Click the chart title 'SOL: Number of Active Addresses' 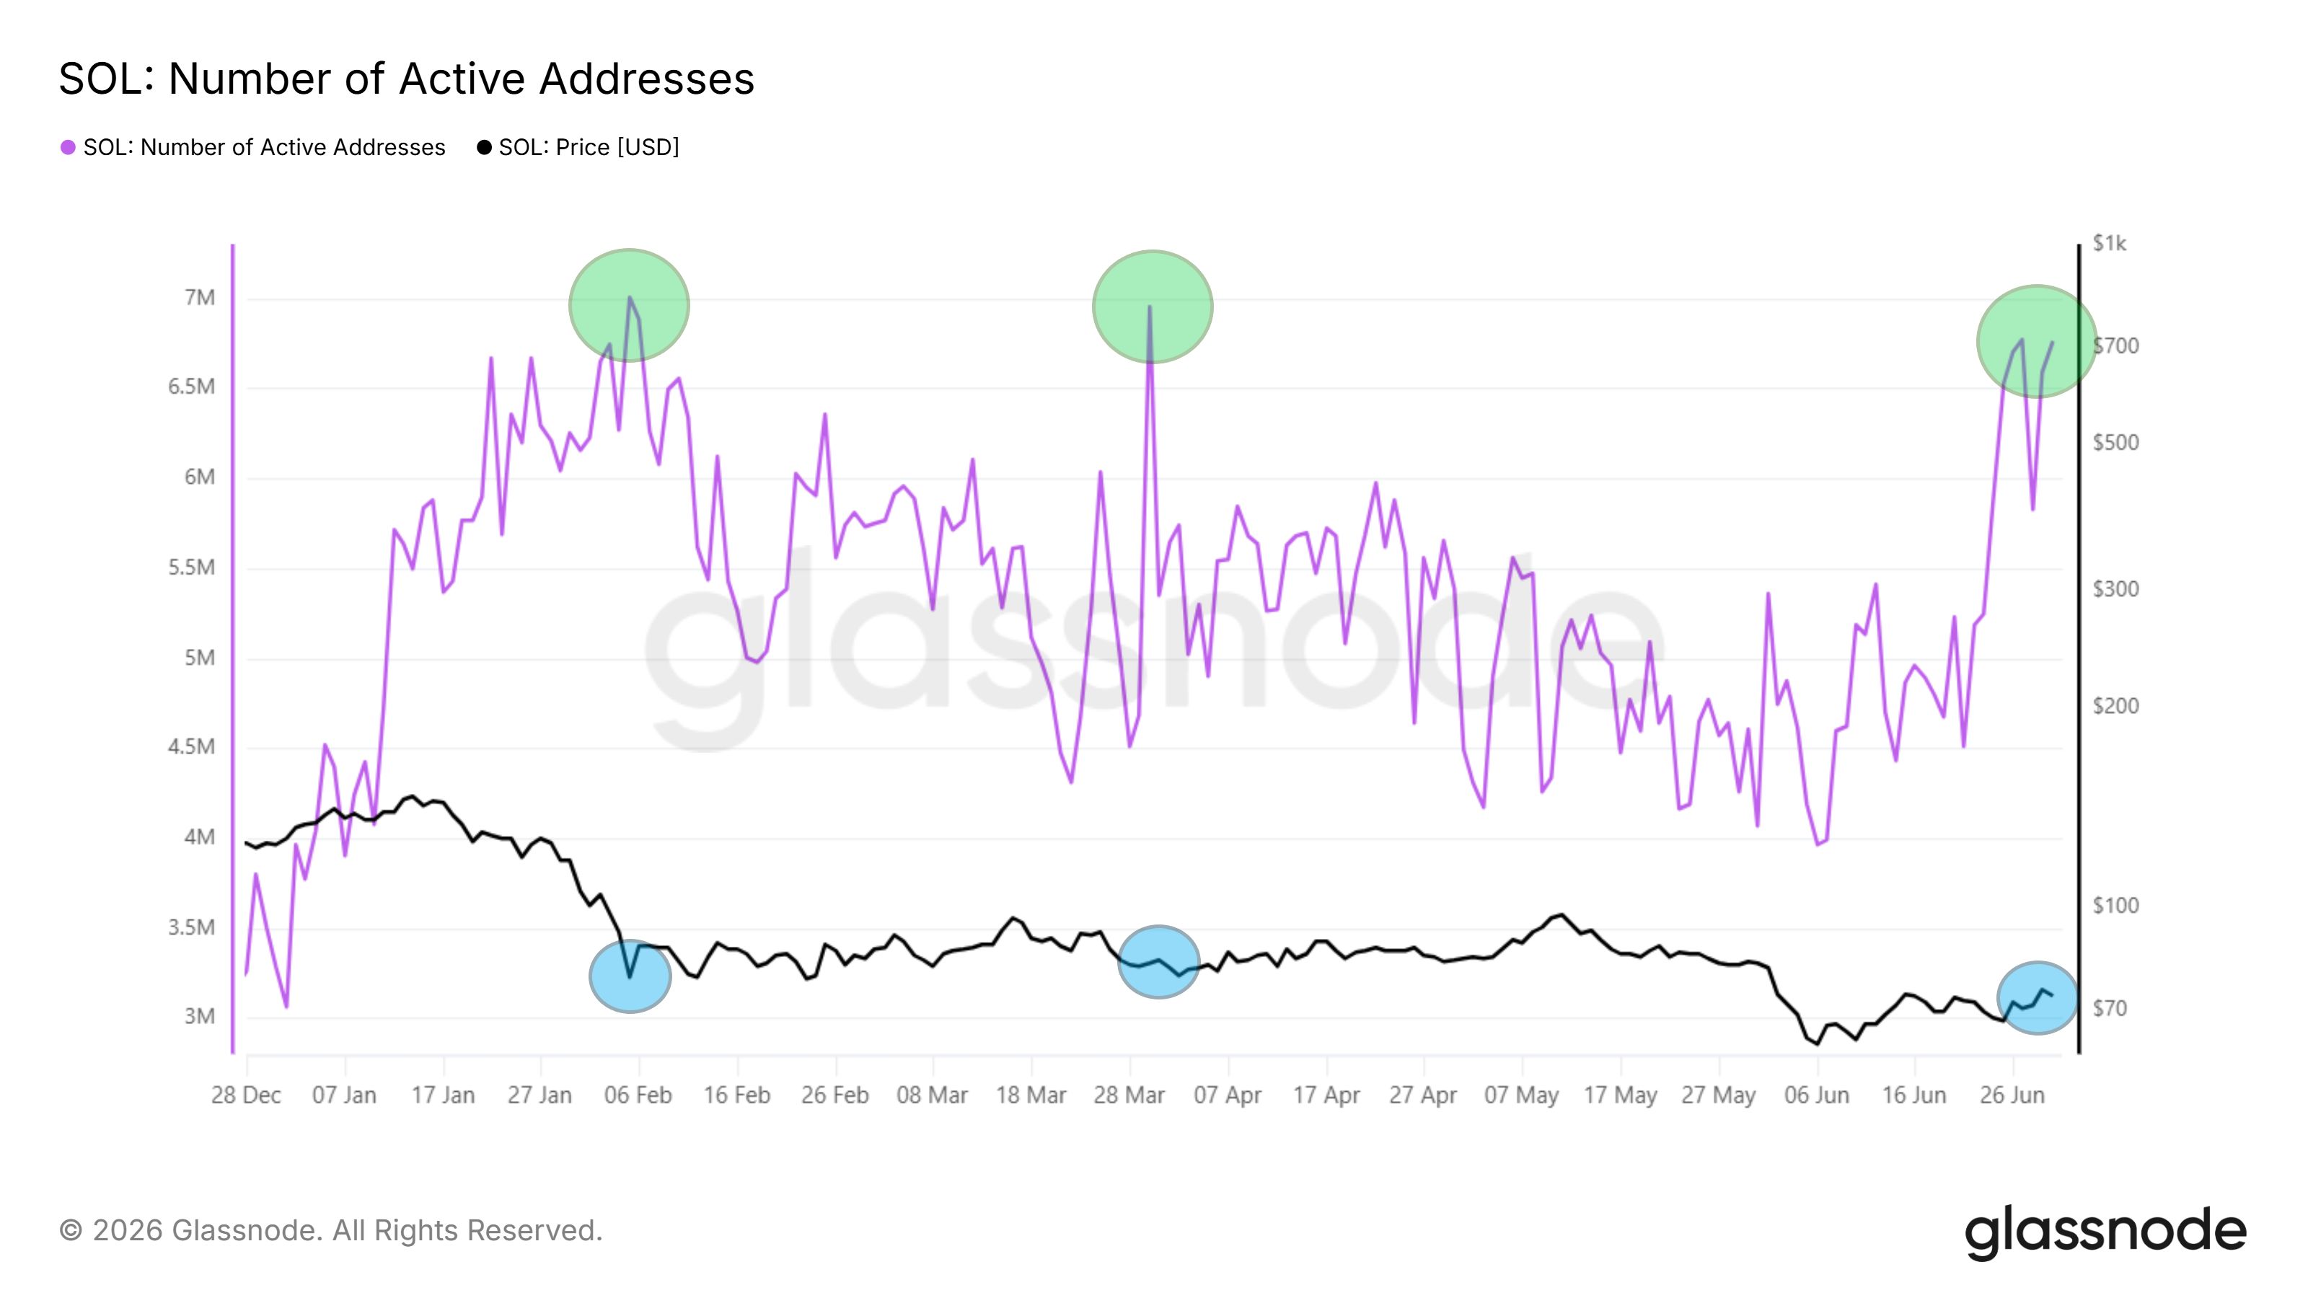click(407, 79)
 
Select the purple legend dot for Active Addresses click(68, 147)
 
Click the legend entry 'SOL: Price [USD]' click(578, 147)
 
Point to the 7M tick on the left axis click(200, 297)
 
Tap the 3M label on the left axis click(200, 1017)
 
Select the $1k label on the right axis click(2109, 244)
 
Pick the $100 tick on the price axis click(2115, 906)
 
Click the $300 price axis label click(2115, 589)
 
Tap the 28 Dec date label click(247, 1095)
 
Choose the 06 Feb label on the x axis click(638, 1095)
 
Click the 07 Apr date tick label click(1228, 1095)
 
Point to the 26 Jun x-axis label click(2012, 1095)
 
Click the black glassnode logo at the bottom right click(2105, 1234)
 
